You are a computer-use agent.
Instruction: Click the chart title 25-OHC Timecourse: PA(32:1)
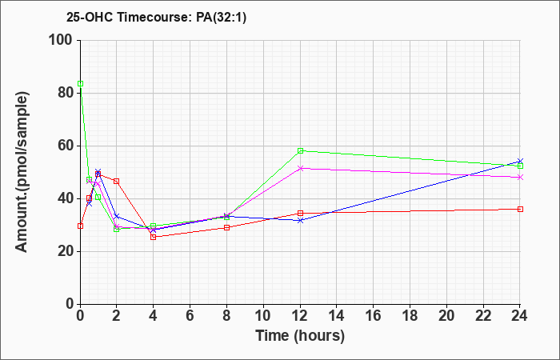click(156, 18)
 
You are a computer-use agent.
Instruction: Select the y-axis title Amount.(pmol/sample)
click(22, 172)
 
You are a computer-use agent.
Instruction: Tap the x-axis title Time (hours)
click(300, 336)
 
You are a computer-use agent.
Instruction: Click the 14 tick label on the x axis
click(337, 316)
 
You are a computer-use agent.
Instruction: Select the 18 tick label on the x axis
click(410, 316)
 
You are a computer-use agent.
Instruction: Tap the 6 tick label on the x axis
click(190, 316)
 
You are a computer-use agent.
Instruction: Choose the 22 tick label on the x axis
click(483, 316)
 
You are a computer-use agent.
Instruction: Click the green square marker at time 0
click(80, 83)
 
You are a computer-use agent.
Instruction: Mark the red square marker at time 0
click(80, 226)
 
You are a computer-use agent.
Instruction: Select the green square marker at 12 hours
click(300, 150)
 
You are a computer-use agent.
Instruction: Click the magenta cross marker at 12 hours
click(300, 168)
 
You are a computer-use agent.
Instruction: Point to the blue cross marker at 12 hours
click(300, 220)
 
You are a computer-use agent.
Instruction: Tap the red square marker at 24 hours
click(520, 209)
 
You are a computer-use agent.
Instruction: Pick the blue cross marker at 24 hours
click(520, 162)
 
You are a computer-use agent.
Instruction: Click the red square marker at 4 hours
click(154, 237)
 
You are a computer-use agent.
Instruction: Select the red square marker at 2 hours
click(117, 182)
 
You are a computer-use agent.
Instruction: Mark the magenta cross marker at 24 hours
click(520, 177)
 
